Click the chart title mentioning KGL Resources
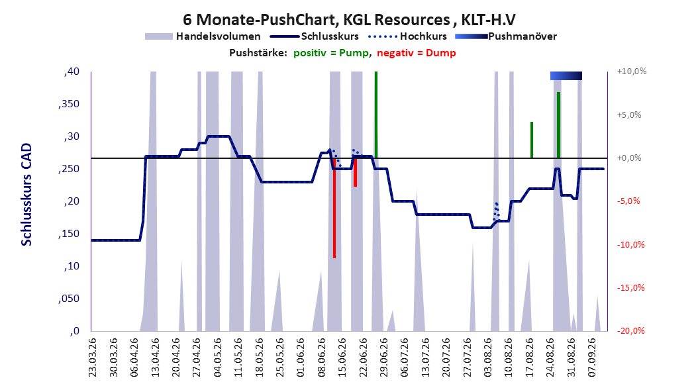(x=349, y=20)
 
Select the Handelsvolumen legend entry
(x=203, y=36)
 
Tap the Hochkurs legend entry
(x=407, y=36)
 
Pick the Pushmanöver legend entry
(x=506, y=36)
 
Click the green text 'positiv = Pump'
(x=331, y=53)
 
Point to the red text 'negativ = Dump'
(x=417, y=53)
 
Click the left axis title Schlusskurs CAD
(x=26, y=195)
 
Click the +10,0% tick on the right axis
(x=632, y=72)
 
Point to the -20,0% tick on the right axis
(x=630, y=330)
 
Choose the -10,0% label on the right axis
(x=630, y=244)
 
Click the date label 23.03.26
(x=92, y=358)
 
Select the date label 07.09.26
(x=592, y=358)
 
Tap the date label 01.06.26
(x=301, y=358)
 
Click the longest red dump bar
(x=334, y=208)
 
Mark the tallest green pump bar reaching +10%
(x=376, y=115)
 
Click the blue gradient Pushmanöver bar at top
(x=566, y=75)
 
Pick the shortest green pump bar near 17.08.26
(x=532, y=140)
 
